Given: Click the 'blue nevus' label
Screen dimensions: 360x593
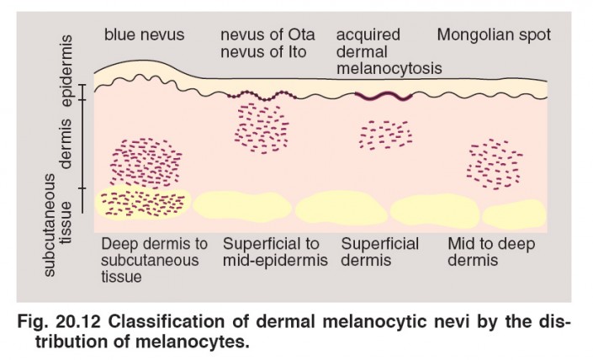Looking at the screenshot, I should click(x=144, y=35).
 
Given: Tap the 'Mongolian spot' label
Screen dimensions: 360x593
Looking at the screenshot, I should click(x=494, y=35).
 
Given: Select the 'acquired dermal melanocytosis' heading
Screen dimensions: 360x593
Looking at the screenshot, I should click(x=389, y=51).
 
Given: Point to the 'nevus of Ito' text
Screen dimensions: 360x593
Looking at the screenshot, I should click(x=262, y=51).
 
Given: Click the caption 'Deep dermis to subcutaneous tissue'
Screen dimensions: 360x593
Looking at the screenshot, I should click(x=153, y=260).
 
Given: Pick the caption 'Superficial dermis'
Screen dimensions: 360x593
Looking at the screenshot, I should click(x=380, y=252).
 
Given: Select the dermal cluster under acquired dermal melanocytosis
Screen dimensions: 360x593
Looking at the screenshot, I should click(x=385, y=134).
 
